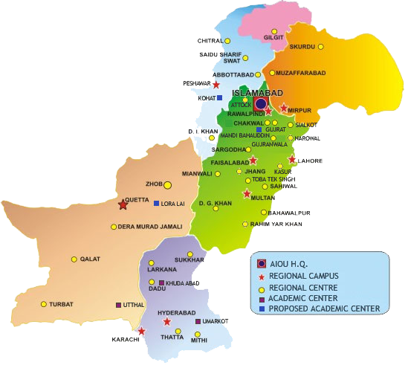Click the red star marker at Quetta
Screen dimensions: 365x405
123,203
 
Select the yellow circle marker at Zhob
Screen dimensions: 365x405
168,184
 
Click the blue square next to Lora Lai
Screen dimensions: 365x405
157,203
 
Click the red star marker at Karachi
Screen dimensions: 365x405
141,331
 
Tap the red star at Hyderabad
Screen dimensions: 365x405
166,323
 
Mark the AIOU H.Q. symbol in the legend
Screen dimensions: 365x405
261,264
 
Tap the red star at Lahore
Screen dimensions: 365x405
292,160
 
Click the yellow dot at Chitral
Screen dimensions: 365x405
227,40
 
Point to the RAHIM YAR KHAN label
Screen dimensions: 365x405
276,225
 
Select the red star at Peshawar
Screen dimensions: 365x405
216,85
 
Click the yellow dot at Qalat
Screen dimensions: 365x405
74,259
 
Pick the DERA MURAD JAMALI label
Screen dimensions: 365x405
150,227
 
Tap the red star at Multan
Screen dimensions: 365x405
247,194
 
